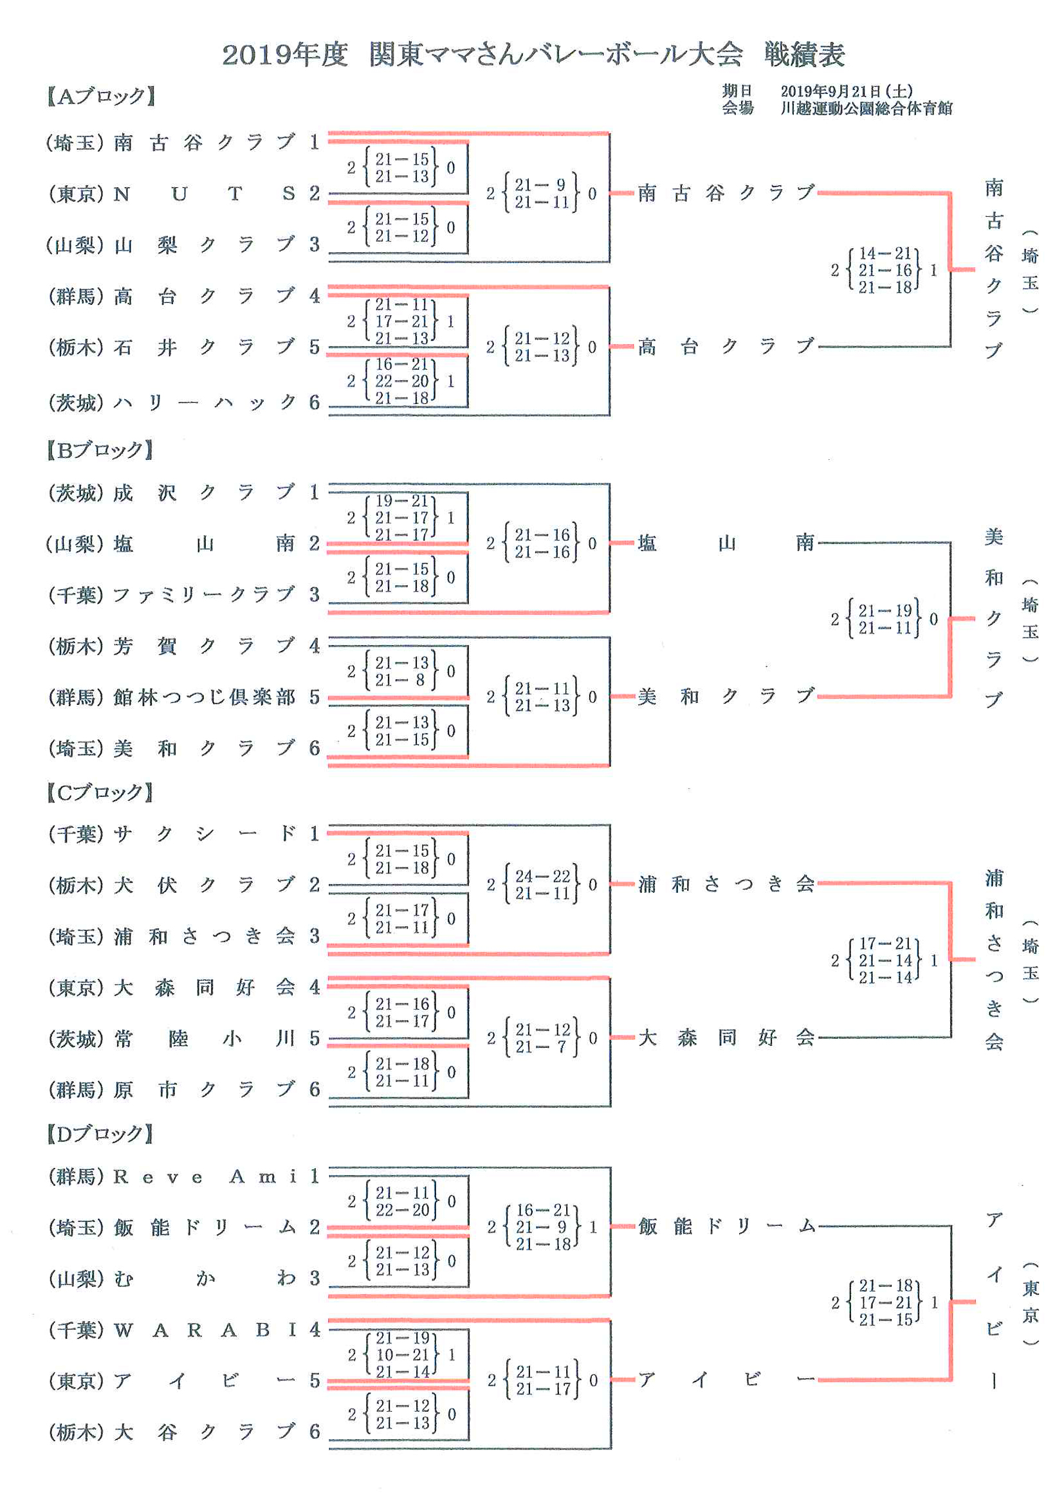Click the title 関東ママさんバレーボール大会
[555, 55]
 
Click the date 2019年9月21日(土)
[847, 91]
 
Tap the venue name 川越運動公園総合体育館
[866, 108]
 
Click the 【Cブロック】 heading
[100, 792]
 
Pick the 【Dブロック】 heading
[100, 1134]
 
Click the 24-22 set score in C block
[542, 877]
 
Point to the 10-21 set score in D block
[402, 1354]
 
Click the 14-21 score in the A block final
[885, 253]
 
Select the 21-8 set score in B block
[402, 680]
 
